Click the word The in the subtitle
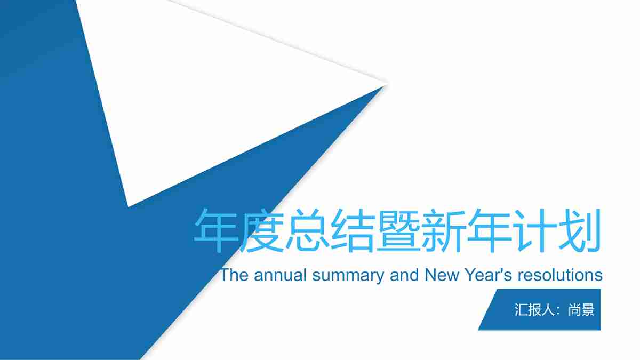point(235,275)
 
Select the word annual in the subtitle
point(281,275)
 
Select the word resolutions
point(560,275)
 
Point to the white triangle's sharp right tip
point(385,83)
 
